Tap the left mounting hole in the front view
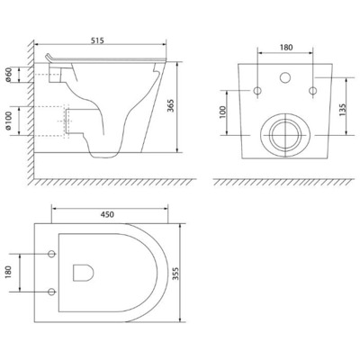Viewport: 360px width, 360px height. [258, 90]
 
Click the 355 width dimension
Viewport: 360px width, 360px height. [186, 273]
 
